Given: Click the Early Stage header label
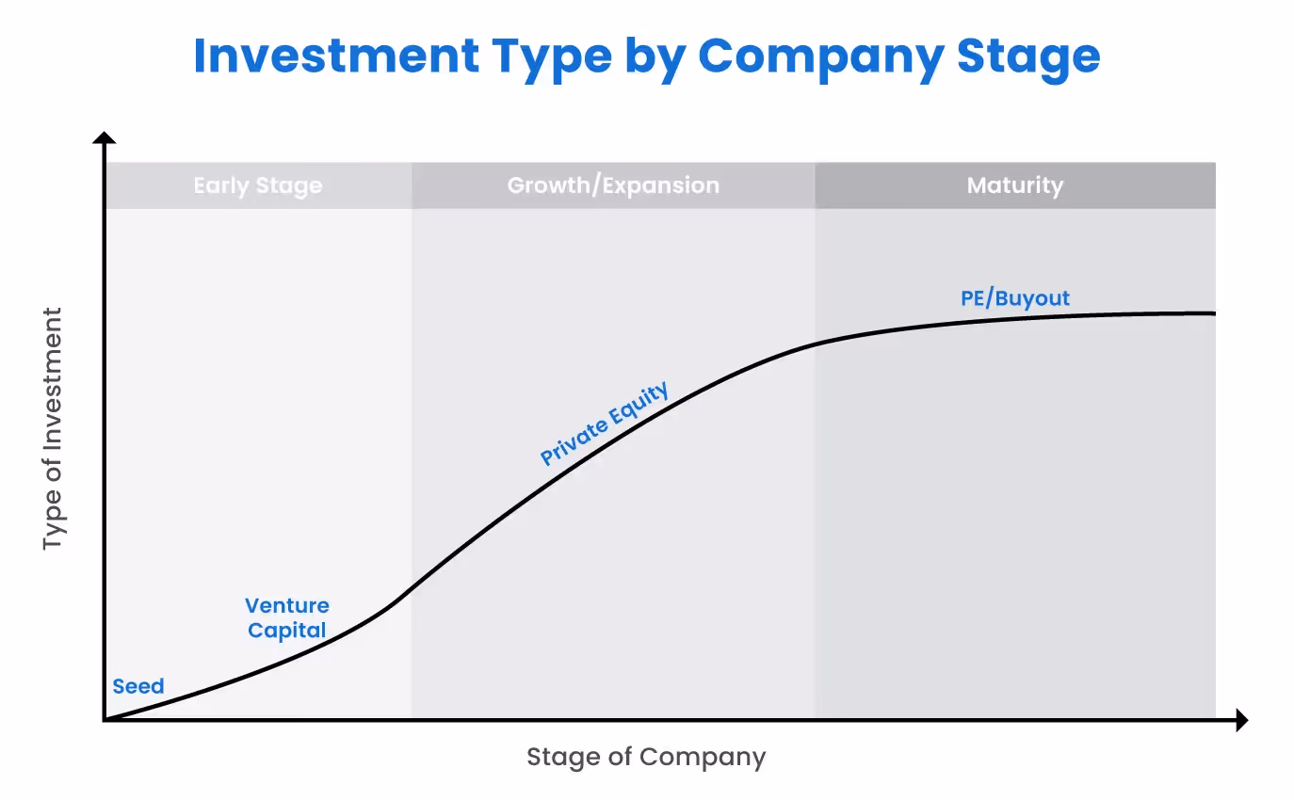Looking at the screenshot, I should tap(257, 185).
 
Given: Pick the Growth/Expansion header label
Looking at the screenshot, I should tap(613, 185).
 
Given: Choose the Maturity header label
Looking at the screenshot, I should tap(1014, 185).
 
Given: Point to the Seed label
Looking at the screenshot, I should tap(138, 686).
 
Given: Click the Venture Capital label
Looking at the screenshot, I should tap(286, 617).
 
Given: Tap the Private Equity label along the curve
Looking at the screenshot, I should tap(605, 423).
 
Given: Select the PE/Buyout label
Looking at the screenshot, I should tap(1015, 298).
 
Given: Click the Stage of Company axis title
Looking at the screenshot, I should tap(646, 757).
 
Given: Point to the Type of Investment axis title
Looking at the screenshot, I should tap(53, 428).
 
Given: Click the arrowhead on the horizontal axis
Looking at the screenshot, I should tap(1241, 720).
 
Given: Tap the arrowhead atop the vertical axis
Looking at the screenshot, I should tap(105, 138).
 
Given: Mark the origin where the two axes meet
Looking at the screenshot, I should tap(105, 720).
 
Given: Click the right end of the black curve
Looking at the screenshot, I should tap(1213, 313).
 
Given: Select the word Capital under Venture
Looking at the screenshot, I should tap(286, 630).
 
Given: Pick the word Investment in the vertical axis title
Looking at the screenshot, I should tap(53, 387).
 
